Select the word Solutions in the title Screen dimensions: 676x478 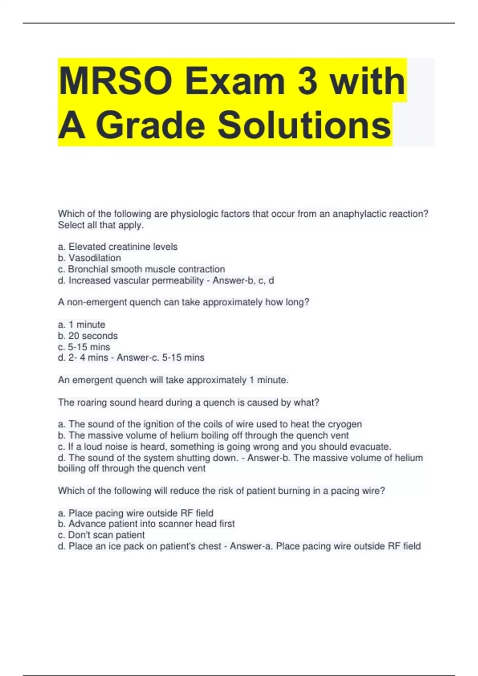click(304, 125)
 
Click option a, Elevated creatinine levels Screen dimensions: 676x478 click(118, 247)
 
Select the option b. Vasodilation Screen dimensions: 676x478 click(90, 258)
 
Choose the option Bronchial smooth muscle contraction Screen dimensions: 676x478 click(142, 269)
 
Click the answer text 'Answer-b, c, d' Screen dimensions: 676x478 click(243, 281)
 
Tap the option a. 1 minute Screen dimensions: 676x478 click(82, 324)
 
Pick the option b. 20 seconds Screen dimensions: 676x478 click(88, 336)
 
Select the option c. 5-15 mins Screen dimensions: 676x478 click(84, 347)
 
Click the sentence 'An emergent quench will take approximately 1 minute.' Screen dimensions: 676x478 click(173, 380)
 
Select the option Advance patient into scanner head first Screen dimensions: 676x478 click(147, 524)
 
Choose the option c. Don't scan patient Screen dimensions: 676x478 click(101, 535)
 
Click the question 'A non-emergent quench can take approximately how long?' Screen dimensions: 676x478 click(184, 302)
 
